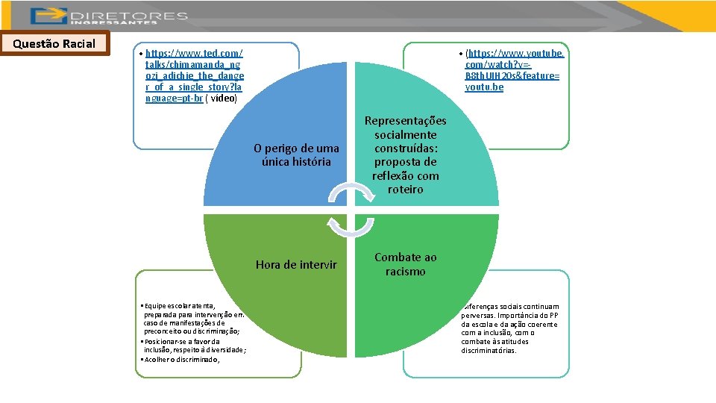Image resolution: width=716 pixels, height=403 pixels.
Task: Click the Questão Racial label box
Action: [54, 44]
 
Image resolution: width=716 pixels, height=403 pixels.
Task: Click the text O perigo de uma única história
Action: [296, 155]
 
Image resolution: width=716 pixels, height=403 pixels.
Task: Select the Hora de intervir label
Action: [295, 265]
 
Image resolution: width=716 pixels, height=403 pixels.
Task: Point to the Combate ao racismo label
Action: [405, 264]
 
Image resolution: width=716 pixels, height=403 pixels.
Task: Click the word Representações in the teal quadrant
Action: [405, 121]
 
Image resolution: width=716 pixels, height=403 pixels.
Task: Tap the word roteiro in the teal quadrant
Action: [405, 190]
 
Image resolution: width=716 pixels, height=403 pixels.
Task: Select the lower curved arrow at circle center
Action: [339, 225]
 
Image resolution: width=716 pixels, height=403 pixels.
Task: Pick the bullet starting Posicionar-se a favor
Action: [193, 346]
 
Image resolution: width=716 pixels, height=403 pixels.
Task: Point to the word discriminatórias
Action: [489, 350]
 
